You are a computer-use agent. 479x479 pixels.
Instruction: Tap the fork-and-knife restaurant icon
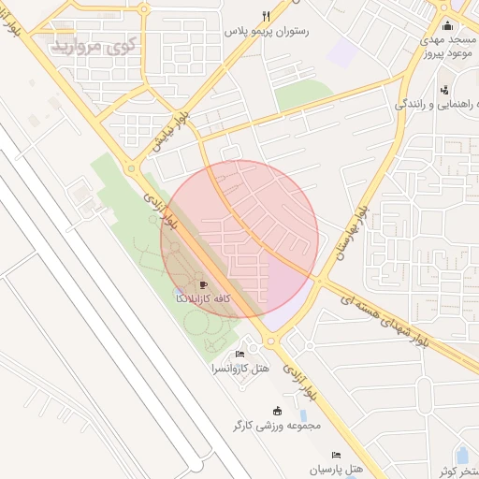[x=266, y=16]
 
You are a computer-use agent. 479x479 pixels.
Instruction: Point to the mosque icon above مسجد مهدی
[x=447, y=25]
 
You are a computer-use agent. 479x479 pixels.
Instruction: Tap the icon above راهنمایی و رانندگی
[x=443, y=89]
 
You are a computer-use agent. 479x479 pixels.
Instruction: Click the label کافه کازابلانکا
[x=203, y=298]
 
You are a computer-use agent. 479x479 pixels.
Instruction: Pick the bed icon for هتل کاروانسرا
[x=240, y=354]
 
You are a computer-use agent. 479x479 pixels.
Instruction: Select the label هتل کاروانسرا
[x=240, y=369]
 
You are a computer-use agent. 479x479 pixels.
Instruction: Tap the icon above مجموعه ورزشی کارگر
[x=277, y=411]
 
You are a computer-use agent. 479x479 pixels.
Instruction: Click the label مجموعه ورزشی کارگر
[x=277, y=426]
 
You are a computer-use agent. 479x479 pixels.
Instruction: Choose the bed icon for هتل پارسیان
[x=336, y=455]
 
